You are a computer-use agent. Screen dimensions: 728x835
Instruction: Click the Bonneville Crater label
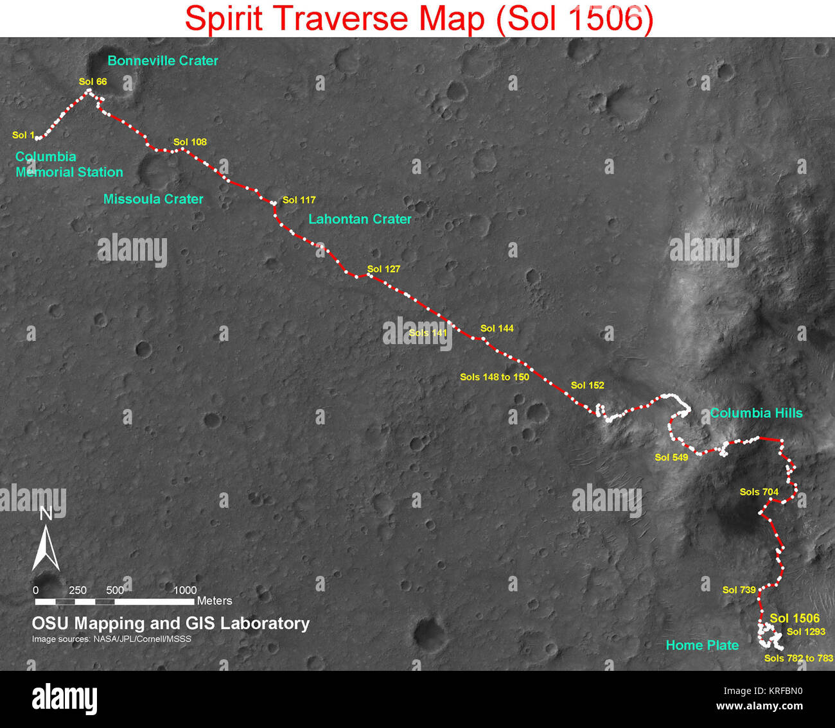163,60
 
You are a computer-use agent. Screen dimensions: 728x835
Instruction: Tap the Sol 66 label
92,82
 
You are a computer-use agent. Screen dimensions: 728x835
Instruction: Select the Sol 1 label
22,135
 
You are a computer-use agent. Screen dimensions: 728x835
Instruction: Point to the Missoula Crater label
153,199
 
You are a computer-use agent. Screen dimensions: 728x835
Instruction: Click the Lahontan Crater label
360,219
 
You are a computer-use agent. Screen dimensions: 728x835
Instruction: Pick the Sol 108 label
189,142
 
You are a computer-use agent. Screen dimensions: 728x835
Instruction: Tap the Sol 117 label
299,200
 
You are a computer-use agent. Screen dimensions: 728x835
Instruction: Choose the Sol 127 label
383,269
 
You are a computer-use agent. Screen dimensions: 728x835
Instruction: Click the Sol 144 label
497,328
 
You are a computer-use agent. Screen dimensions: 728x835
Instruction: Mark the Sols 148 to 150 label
494,377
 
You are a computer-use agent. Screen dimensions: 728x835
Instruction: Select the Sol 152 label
587,385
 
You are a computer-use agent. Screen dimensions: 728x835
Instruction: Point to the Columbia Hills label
756,413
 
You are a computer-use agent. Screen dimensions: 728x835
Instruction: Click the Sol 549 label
671,457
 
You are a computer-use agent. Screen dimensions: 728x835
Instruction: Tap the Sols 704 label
759,492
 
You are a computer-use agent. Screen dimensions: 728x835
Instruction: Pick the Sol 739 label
739,589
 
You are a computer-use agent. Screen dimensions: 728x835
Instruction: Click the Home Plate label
702,645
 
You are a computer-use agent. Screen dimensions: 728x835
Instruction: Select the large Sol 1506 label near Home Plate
795,618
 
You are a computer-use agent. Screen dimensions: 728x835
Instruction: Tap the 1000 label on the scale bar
185,590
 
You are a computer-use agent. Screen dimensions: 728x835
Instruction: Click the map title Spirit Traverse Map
419,18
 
